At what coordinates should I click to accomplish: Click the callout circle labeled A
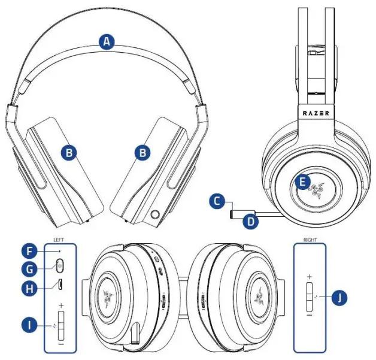pos(107,42)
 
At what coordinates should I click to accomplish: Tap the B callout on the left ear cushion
pos(70,153)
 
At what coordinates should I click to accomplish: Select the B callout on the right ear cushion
pos(142,153)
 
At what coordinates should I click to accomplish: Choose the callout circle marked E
pos(302,180)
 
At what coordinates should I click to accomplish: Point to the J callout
pos(339,297)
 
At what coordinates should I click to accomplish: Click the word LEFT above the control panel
pos(59,239)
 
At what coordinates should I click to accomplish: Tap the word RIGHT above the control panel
pos(310,239)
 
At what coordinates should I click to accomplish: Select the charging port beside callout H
pos(61,283)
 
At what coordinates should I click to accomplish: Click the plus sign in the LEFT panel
pos(61,305)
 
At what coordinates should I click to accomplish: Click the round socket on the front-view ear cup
pos(157,212)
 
